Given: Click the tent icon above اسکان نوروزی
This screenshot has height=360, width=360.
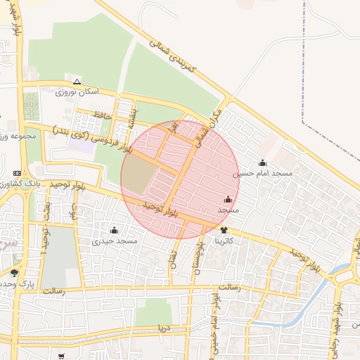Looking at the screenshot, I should pos(77,82).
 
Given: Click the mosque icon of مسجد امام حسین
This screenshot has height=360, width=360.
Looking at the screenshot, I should pos(262,163).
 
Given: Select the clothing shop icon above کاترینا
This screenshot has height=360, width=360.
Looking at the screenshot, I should pos(224,230).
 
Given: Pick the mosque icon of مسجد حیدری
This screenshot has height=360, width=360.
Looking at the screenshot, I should pos(115,230).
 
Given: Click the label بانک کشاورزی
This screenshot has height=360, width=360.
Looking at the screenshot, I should pos(14,183).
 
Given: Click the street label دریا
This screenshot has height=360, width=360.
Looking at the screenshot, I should pos(164,328).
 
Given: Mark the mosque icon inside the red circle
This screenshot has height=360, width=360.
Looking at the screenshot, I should pos(228,200).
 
